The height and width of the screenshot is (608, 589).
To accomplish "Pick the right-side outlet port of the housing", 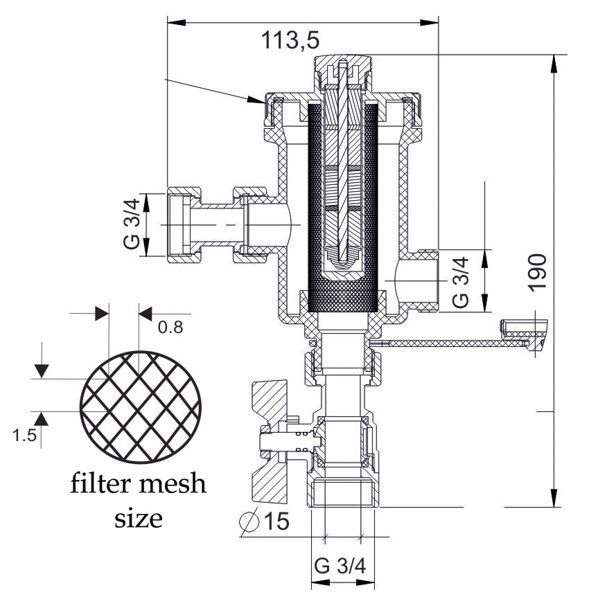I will point(419,280).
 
